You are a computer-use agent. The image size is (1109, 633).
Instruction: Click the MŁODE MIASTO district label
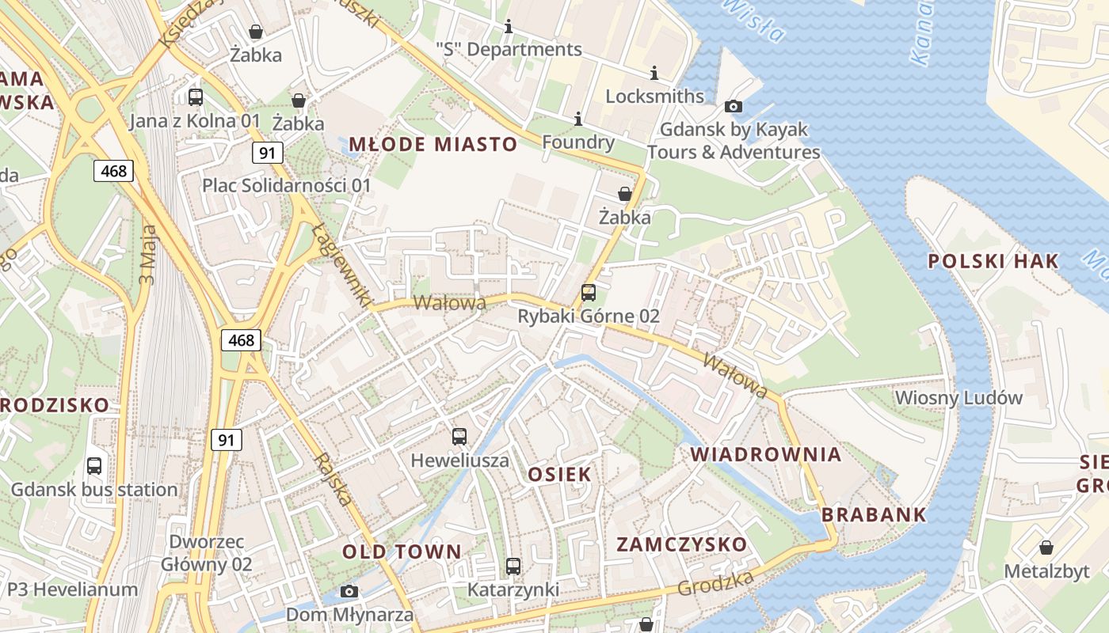(433, 144)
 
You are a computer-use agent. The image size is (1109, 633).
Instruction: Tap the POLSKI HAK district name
(993, 261)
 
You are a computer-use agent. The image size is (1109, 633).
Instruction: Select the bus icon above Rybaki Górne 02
(589, 293)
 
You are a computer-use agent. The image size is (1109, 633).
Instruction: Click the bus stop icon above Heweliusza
(459, 436)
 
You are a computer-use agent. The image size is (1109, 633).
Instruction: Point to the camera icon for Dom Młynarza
(349, 591)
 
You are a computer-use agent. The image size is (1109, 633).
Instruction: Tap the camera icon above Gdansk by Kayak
(734, 106)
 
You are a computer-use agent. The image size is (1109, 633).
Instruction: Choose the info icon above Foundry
(578, 119)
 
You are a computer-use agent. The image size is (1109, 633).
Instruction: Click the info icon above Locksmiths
(654, 74)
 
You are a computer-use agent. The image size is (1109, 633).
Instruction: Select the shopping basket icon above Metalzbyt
(1046, 548)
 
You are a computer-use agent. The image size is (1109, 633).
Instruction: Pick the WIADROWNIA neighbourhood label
(765, 454)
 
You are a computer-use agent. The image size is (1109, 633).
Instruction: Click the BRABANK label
(874, 514)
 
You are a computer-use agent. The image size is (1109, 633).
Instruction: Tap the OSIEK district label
(559, 474)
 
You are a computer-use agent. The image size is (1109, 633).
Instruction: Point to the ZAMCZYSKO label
(681, 544)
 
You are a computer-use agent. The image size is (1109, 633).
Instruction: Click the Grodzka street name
(715, 584)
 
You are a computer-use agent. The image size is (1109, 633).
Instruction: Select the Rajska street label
(333, 479)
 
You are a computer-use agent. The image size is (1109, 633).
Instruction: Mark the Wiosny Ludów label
(958, 397)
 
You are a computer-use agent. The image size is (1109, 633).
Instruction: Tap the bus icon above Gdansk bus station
(94, 466)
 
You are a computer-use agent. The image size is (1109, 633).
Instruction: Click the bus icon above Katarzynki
(513, 567)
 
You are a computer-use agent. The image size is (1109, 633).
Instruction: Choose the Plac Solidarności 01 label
(287, 185)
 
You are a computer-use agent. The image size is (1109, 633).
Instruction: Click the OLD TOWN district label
(402, 552)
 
